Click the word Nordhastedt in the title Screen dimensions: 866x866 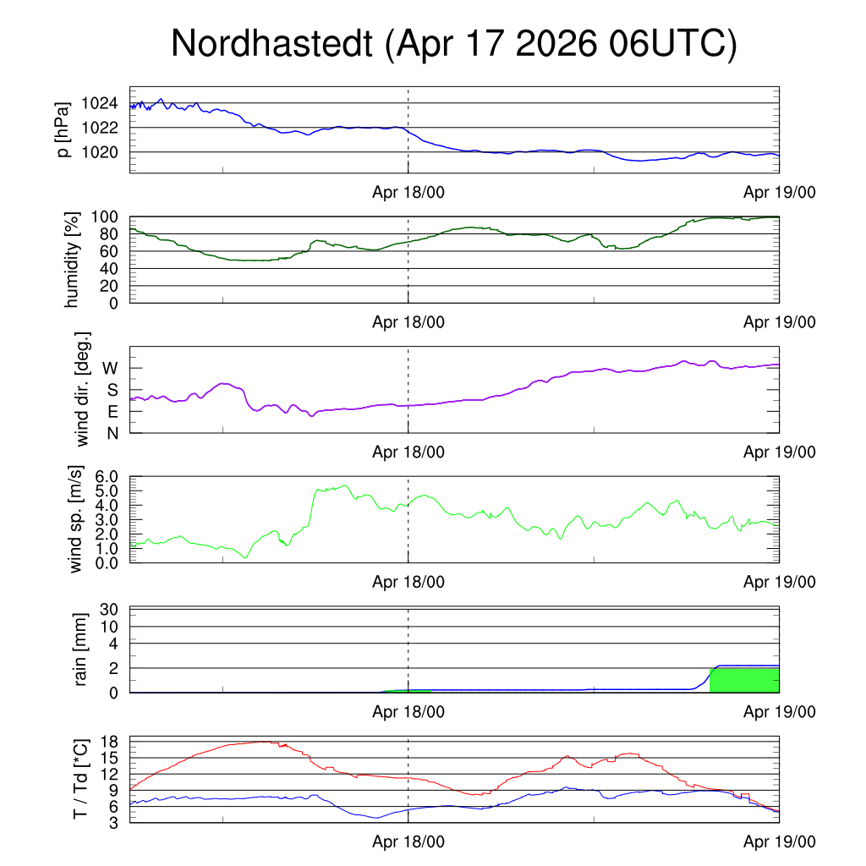coord(271,43)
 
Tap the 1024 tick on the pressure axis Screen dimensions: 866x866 coord(100,103)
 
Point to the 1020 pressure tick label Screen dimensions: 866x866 coord(100,152)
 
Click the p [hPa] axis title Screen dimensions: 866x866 coord(63,129)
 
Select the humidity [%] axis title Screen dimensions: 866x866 coord(72,260)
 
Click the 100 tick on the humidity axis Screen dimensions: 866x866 coord(104,217)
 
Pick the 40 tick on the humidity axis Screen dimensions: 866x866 coord(109,269)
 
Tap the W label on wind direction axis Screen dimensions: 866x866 coord(110,369)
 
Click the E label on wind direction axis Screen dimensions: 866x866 coord(112,412)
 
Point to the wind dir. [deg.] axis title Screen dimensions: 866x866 coord(82,389)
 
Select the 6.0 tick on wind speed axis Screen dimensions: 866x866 coord(107,477)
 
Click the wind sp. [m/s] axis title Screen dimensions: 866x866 coord(75,519)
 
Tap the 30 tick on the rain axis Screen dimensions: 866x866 coord(109,610)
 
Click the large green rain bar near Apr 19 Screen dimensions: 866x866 coord(744,681)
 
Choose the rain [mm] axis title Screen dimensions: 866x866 coord(80,649)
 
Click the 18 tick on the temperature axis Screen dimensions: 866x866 coord(110,742)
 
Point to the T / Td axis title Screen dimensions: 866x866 coord(80,779)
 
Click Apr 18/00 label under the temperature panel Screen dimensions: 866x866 coord(408,841)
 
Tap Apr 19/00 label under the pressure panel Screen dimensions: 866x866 coord(779,192)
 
